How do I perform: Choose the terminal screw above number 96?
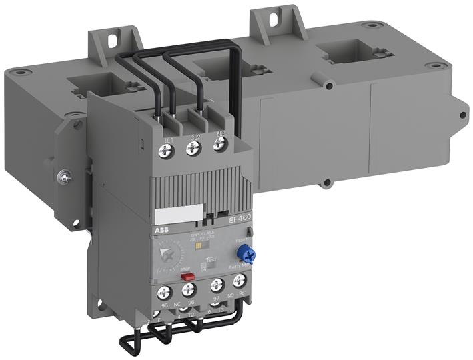coord(189,289)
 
